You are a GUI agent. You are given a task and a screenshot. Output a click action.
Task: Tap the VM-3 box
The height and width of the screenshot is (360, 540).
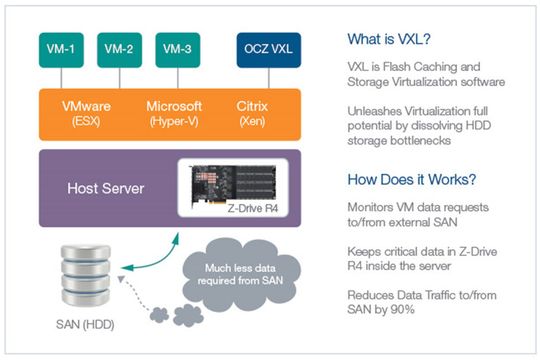click(x=177, y=47)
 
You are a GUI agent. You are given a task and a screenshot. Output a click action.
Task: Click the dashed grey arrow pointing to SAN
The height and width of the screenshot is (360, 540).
click(x=140, y=299)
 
